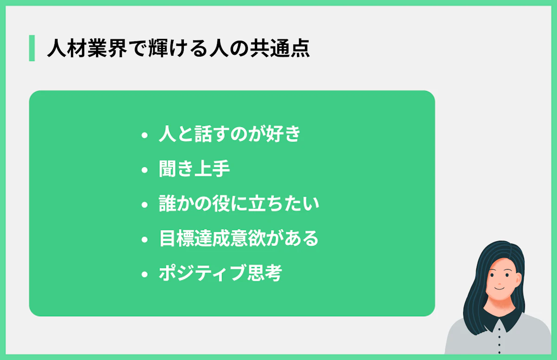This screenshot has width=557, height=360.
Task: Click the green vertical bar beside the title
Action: click(32, 48)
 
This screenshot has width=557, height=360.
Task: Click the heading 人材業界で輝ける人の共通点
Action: click(178, 49)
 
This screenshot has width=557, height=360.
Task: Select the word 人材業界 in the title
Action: click(86, 49)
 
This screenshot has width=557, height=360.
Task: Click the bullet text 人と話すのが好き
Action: click(230, 135)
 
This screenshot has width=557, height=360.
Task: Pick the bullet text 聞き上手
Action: click(194, 169)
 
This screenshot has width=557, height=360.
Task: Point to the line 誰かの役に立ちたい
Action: click(239, 204)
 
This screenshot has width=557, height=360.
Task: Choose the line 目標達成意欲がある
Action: click(239, 239)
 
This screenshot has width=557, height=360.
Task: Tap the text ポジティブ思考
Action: click(220, 274)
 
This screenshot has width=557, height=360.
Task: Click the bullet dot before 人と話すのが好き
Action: click(144, 135)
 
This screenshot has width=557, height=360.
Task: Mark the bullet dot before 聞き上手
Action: click(144, 170)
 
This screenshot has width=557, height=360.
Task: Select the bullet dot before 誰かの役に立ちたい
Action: click(144, 205)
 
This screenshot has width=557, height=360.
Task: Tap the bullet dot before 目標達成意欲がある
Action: click(144, 240)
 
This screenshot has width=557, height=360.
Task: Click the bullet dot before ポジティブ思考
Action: click(144, 275)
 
